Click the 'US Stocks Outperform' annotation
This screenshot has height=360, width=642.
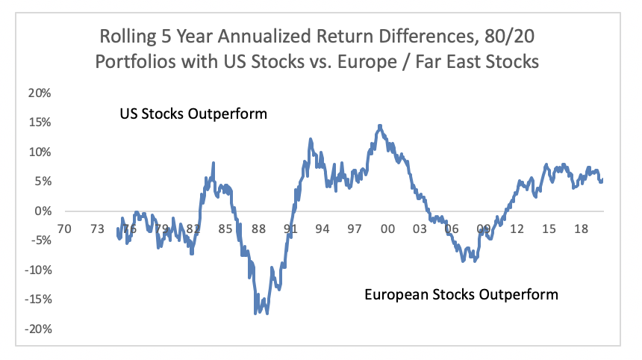[x=193, y=115]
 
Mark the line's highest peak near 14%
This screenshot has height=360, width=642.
[x=380, y=125]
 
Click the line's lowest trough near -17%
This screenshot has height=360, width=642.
[x=256, y=313]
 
